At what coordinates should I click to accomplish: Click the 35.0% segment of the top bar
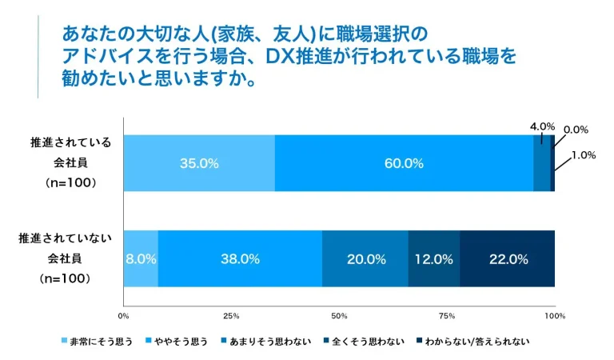tap(199, 163)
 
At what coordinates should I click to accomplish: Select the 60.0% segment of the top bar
tap(404, 163)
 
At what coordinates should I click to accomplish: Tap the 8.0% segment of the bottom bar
tap(141, 258)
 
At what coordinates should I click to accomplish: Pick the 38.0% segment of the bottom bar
tap(240, 258)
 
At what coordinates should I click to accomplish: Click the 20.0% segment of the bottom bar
tap(365, 258)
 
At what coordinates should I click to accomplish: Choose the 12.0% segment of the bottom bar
tap(434, 258)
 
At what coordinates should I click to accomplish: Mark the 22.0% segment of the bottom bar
tap(508, 258)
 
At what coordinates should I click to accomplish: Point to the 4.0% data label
tap(542, 126)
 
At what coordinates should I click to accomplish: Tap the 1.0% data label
tap(584, 155)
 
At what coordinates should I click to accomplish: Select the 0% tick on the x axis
tap(123, 315)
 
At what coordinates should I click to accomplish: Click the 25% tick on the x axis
tap(231, 315)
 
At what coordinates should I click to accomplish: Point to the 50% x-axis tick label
tap(339, 315)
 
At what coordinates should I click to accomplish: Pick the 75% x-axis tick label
tap(447, 315)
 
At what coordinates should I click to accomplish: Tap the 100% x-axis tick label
tap(554, 315)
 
